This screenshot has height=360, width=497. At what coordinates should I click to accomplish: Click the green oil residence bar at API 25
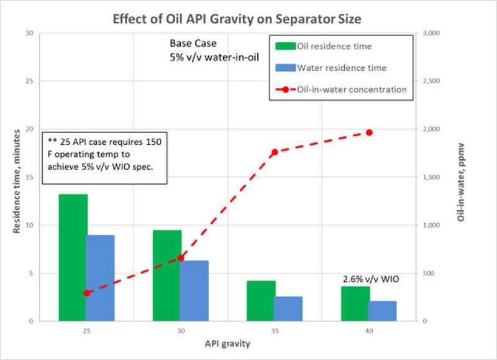[x=73, y=257]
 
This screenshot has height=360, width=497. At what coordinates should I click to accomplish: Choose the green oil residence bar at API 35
[x=261, y=301]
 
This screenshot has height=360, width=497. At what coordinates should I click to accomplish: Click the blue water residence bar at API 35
[x=288, y=308]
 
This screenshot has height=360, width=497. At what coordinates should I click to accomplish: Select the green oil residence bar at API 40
[x=355, y=303]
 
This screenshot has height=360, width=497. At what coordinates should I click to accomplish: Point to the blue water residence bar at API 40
[x=383, y=311]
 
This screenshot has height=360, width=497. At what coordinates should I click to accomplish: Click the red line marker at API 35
[x=275, y=152]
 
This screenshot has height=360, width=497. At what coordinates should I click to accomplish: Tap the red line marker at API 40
[x=369, y=132]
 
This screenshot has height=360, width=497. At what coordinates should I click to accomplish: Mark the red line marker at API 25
[x=87, y=293]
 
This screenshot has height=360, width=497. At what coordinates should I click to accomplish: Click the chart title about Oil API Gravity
[x=237, y=19]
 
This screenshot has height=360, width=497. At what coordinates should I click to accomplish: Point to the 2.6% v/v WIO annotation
[x=370, y=280]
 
